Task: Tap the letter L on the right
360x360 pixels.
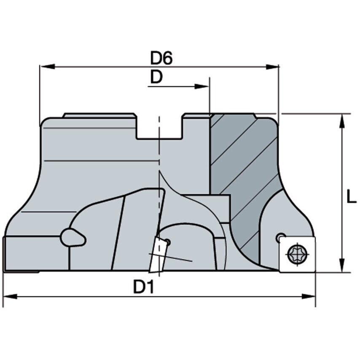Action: (x=351, y=197)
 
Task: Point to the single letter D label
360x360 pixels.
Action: (x=156, y=77)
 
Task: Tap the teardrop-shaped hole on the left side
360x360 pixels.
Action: (x=73, y=237)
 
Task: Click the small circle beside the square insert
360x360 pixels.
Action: (x=280, y=238)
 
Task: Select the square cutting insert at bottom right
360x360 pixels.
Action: (x=297, y=253)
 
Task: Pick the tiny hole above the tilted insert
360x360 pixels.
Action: (x=167, y=242)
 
